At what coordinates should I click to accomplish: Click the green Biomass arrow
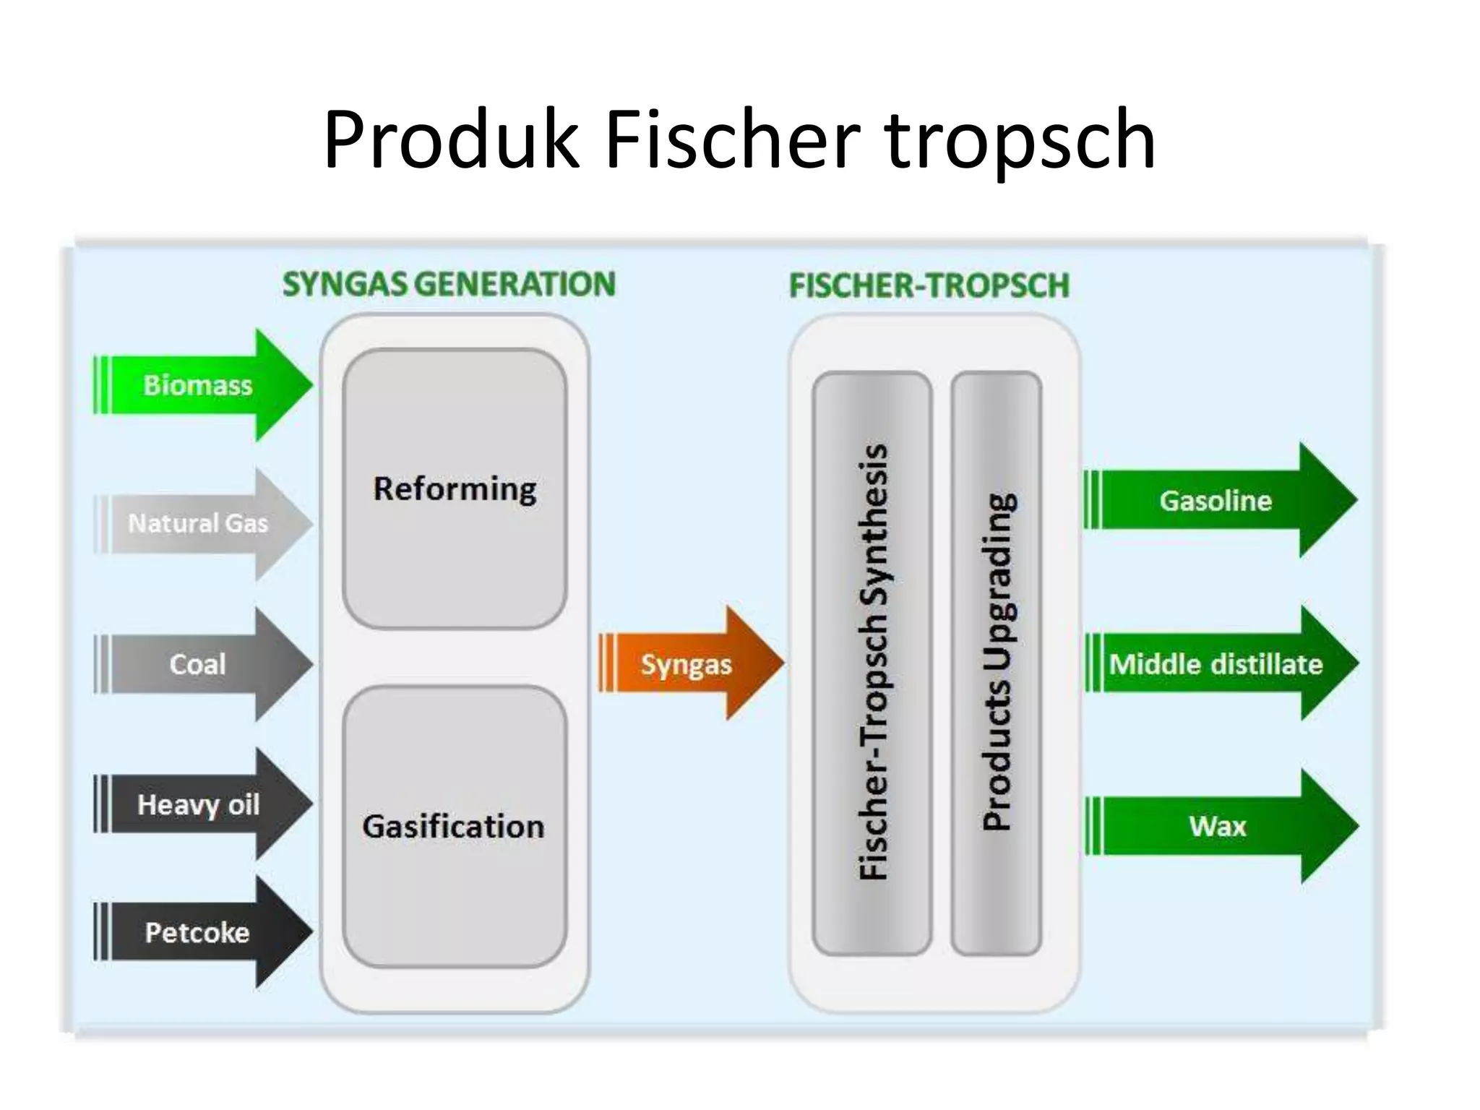click(199, 385)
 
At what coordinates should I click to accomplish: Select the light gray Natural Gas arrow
click(199, 523)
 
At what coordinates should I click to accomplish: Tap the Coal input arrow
click(199, 664)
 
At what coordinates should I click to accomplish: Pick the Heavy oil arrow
click(199, 804)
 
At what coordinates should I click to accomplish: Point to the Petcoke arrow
click(199, 932)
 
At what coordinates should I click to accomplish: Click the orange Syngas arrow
click(687, 663)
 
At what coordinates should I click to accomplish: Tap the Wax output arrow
click(1218, 826)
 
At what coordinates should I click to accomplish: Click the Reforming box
click(455, 489)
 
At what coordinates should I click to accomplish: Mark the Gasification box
click(454, 826)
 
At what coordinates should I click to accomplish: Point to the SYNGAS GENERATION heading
click(449, 284)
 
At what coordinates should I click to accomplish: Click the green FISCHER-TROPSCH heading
click(929, 285)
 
